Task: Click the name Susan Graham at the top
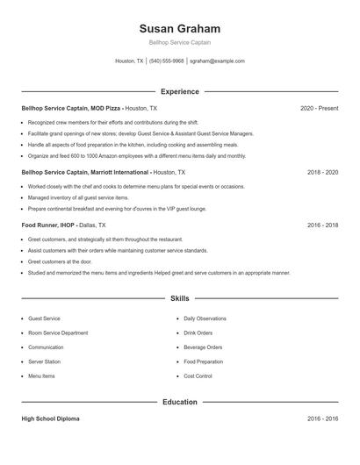click(x=179, y=28)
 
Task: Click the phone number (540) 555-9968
click(x=166, y=61)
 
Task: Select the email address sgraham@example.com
click(x=217, y=61)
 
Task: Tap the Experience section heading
click(x=179, y=91)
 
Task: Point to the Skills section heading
click(x=179, y=299)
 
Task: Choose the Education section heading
click(x=179, y=402)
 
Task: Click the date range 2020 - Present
click(x=319, y=108)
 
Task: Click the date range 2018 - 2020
click(x=322, y=173)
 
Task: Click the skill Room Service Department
click(x=58, y=333)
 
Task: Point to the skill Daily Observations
click(x=205, y=319)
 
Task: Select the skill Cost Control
click(x=198, y=376)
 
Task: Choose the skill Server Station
click(x=44, y=361)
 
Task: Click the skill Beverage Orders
click(x=203, y=347)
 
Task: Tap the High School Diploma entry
click(x=50, y=419)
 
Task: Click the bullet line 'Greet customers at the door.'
click(x=59, y=261)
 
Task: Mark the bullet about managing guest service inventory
click(x=71, y=197)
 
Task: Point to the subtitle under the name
click(x=179, y=42)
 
